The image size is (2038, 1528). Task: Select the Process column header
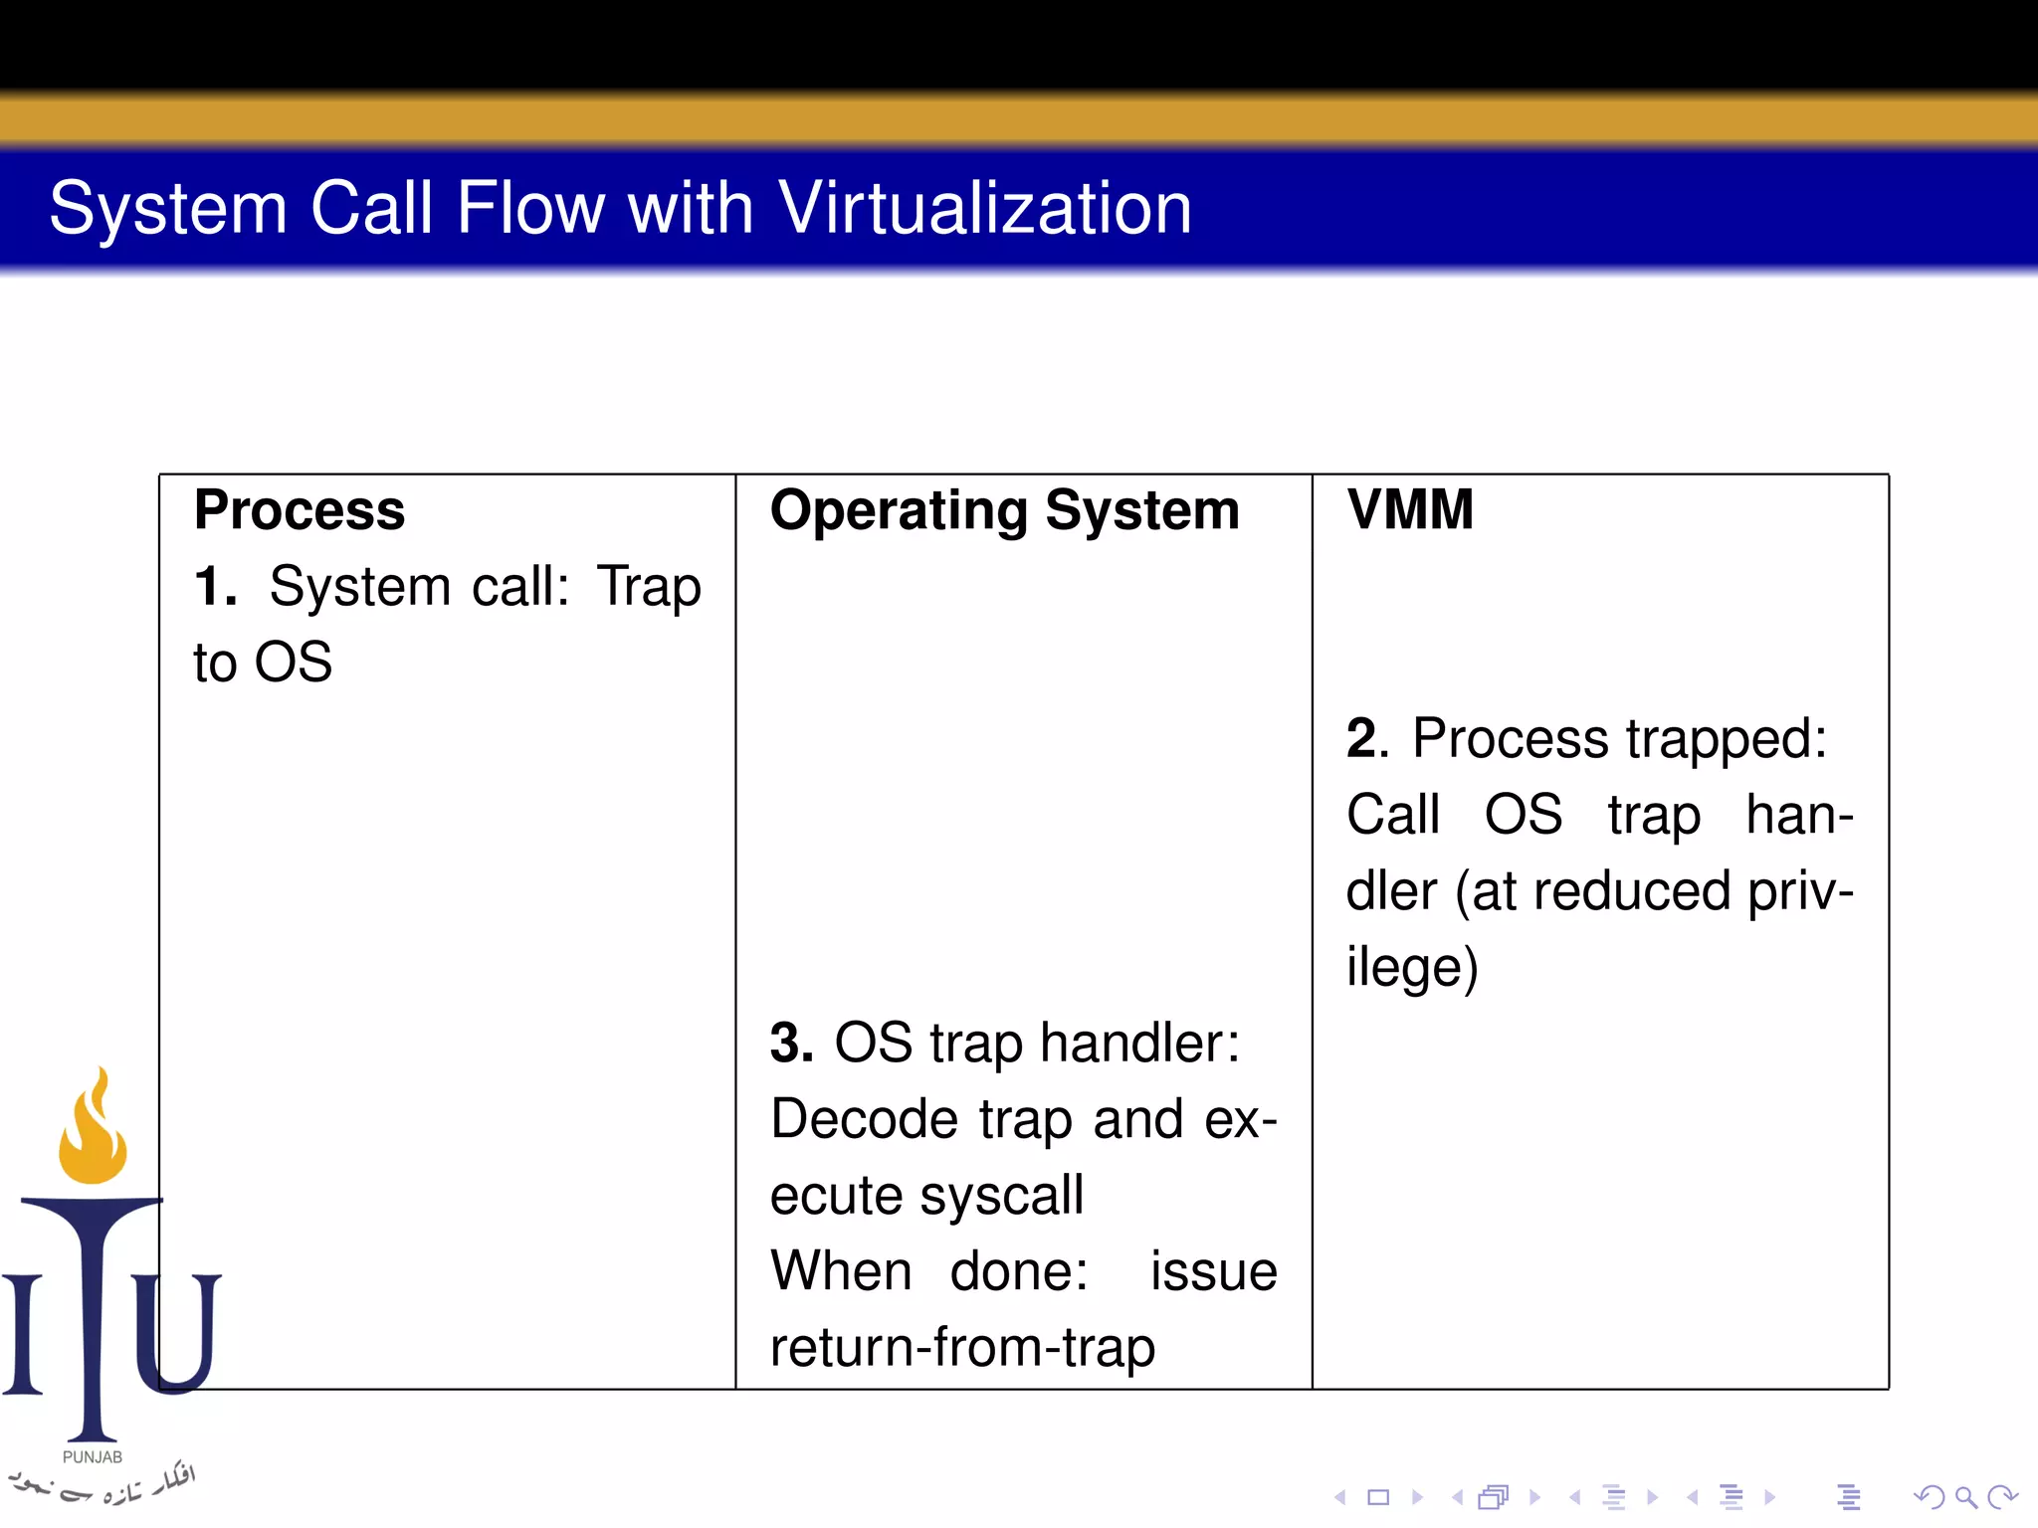click(300, 510)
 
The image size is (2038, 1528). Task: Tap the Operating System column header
click(1004, 511)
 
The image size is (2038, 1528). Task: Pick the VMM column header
click(1409, 509)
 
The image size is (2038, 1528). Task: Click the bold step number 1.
click(214, 586)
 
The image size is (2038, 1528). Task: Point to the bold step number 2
click(1365, 739)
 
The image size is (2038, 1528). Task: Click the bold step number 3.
click(790, 1044)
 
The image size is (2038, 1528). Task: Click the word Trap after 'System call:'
click(649, 587)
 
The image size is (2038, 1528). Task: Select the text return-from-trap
click(962, 1348)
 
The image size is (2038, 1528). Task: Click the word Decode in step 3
click(864, 1119)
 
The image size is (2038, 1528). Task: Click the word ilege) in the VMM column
click(1411, 967)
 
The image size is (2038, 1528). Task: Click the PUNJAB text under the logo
click(93, 1457)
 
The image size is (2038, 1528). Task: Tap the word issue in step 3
click(1213, 1272)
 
